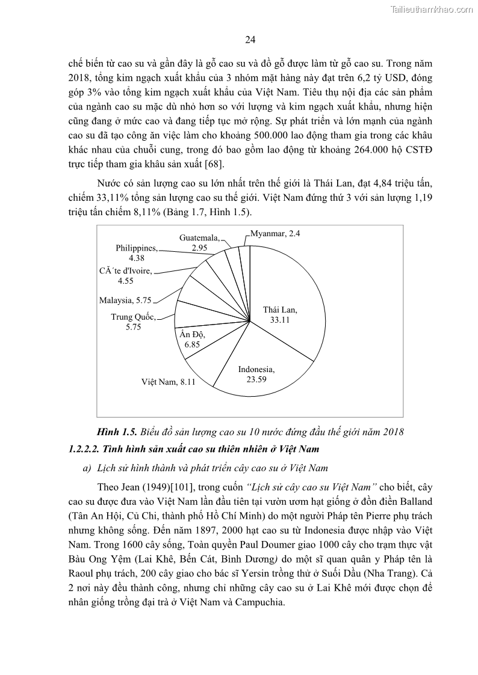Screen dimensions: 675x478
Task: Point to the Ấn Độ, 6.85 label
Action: tap(192, 340)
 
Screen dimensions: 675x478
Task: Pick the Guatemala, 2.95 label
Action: tap(199, 242)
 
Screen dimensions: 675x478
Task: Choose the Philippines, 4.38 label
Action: tap(137, 252)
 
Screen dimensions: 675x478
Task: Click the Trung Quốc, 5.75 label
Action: tap(132, 322)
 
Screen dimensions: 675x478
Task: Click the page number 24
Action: tap(251, 40)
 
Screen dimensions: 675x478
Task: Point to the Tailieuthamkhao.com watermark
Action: tap(431, 9)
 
